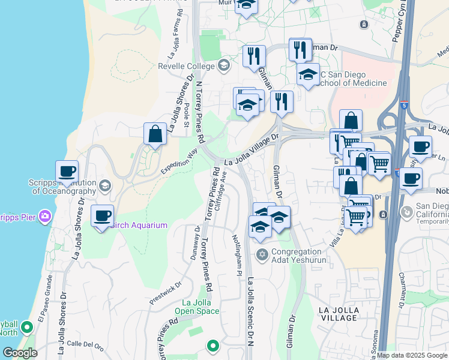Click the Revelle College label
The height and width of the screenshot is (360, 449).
[186, 66]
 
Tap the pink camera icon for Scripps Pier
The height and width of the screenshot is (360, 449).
[44, 215]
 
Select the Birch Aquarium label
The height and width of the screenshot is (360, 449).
[140, 225]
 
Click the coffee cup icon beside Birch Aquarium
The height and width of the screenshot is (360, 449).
[102, 215]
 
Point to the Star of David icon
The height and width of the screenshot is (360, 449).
[261, 256]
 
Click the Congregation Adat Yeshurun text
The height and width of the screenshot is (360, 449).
[299, 257]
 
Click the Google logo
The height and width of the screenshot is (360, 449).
[20, 352]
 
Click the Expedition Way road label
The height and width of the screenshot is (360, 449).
[179, 162]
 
